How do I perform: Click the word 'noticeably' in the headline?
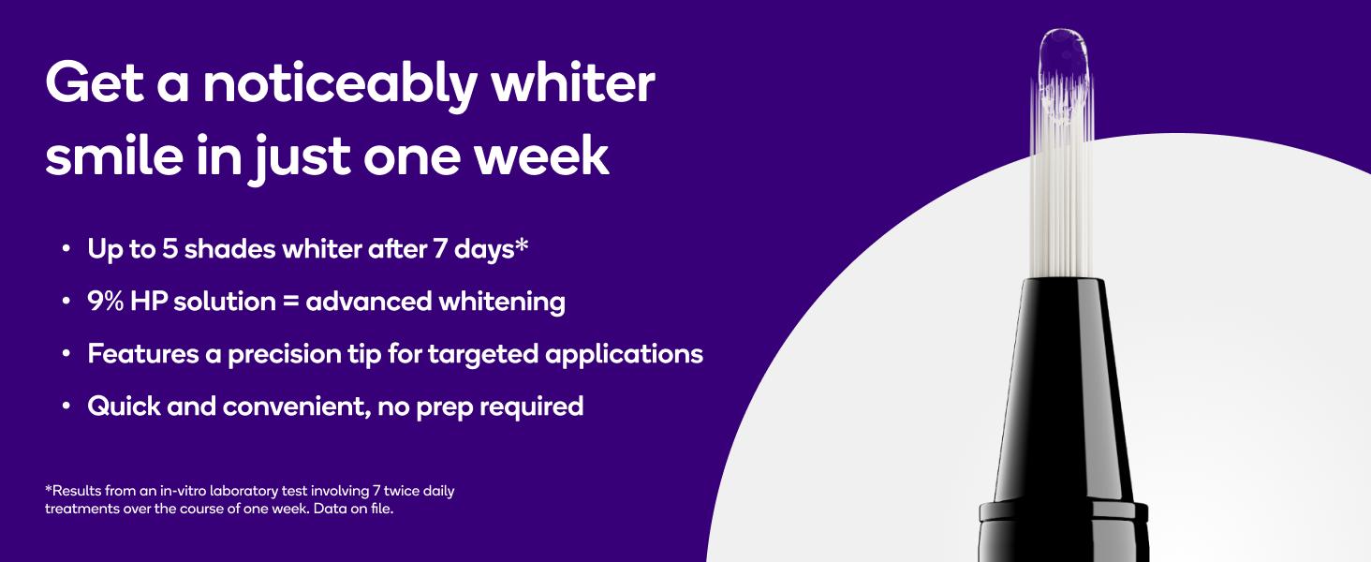(340, 86)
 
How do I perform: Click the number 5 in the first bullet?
(170, 248)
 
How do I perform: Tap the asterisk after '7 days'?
(521, 244)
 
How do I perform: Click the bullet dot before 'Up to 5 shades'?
(66, 249)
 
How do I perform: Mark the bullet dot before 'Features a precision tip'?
(66, 354)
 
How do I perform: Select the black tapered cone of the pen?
(1063, 391)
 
